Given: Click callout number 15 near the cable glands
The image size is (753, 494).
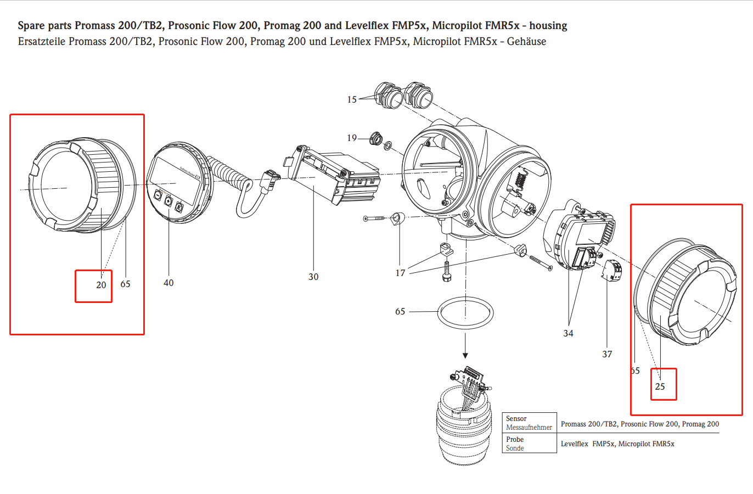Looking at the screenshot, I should pos(352,99).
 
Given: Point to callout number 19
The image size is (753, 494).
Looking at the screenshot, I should pos(352,138).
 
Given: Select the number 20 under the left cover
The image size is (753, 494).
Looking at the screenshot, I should pos(101,285).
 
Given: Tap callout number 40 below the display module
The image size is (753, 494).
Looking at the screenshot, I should pos(168,283).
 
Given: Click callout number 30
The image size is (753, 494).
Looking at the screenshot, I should pos(313,277).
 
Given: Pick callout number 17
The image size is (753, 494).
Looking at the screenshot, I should pos(401,273).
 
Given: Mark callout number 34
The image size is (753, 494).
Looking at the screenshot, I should pos(568,333).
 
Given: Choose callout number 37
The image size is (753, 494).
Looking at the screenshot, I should pos(607,354).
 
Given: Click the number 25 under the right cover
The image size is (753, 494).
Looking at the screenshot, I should pos(660,386).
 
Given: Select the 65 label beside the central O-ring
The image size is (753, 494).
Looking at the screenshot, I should pos(400,311).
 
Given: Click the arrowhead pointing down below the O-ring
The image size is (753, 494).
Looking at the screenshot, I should pos(465,355).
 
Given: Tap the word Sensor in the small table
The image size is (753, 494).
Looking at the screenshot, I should pos(516,418).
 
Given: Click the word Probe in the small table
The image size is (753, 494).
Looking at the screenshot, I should pos(515,439).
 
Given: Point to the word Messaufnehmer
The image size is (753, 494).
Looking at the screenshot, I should pos(529,427).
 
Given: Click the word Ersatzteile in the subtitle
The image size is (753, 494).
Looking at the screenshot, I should pos(41,42).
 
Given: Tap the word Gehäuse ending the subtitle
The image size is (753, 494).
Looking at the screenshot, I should pos(526,42).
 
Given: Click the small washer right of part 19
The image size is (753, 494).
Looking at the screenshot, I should pos(387,146).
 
